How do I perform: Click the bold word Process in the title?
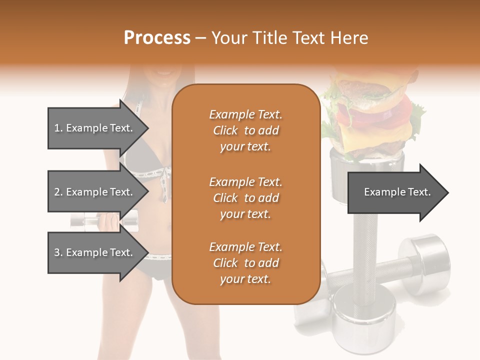[x=157, y=37]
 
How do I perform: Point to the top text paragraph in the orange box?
[x=245, y=130]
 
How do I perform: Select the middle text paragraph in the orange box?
[x=245, y=198]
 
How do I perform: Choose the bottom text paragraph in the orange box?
[x=245, y=263]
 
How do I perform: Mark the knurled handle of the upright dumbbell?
[x=362, y=250]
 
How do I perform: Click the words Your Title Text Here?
[x=290, y=37]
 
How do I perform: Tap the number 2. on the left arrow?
[x=58, y=192]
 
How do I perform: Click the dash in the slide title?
[x=201, y=38]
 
